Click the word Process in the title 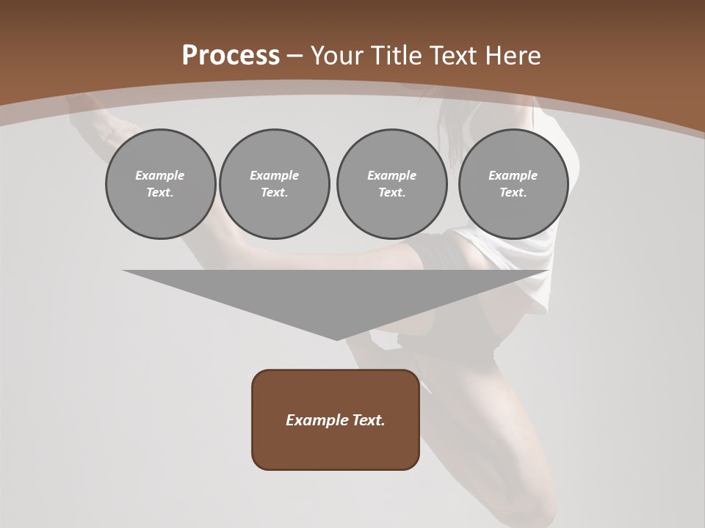point(231,56)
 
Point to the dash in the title point(294,56)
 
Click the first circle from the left point(160,183)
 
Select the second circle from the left point(275,183)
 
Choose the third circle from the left point(391,183)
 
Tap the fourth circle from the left point(513,183)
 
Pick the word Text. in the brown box point(369,420)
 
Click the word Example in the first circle point(160,175)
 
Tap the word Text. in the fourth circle point(513,192)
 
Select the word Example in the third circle point(391,175)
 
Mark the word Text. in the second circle point(275,192)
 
